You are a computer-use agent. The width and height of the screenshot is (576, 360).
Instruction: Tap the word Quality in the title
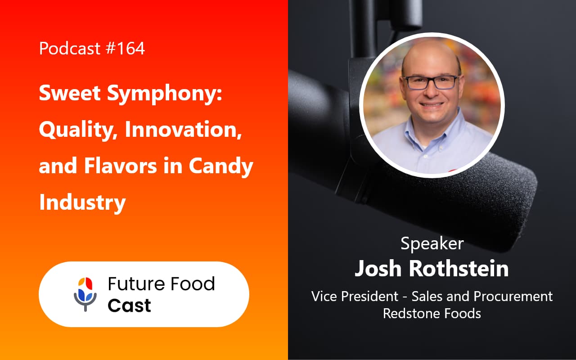coord(77,130)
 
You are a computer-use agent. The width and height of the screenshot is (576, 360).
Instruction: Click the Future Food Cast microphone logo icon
coord(85,294)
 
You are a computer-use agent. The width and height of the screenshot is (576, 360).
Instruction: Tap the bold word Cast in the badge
coord(129,306)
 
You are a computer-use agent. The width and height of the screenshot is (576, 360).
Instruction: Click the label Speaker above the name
coord(432,243)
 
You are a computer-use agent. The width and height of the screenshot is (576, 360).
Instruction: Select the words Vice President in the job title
coord(355,296)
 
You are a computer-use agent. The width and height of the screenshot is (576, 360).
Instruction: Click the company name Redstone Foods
coord(432,313)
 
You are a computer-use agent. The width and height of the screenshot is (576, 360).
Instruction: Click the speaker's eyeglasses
coord(431,82)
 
